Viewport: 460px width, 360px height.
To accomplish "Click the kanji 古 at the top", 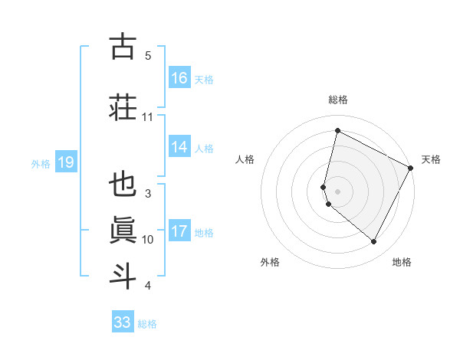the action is [123, 47].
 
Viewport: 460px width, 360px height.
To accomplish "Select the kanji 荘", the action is [123, 106].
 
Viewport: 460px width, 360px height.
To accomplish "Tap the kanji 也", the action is [123, 186].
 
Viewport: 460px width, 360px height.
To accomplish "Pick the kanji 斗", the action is [123, 275].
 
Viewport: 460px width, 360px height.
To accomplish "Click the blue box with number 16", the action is [179, 78].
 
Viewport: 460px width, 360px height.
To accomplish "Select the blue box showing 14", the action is [179, 148].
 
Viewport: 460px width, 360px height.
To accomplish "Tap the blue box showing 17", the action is [179, 231].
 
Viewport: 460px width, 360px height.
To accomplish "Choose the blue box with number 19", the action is [65, 162].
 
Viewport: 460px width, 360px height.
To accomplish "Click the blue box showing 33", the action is [123, 322].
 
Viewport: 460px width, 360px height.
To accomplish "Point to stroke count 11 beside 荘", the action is [148, 117].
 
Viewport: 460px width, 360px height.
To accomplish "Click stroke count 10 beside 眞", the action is [148, 240].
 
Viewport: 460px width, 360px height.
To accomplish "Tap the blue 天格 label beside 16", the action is [204, 79].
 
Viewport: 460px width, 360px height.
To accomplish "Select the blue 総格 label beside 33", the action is [147, 323].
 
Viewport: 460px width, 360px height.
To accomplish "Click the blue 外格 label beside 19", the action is [41, 163].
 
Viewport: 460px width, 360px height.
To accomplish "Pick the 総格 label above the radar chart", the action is [337, 100].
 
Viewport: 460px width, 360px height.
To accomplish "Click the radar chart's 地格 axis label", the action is [402, 262].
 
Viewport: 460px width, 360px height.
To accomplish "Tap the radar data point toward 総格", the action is [337, 131].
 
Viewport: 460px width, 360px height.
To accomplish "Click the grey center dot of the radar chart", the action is [337, 191].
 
